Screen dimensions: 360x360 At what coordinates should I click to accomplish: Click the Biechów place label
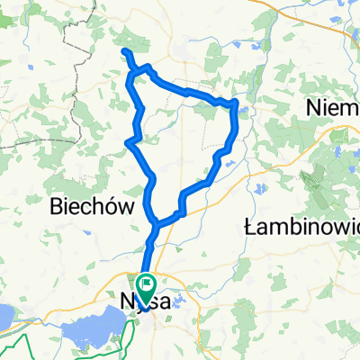pos(95,206)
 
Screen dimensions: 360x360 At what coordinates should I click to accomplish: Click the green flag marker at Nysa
pos(146,283)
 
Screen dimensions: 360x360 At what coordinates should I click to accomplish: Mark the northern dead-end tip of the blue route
pos(125,53)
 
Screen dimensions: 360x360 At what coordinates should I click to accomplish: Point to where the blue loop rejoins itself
pos(156,222)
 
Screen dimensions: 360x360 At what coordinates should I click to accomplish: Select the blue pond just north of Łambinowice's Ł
pos(255,190)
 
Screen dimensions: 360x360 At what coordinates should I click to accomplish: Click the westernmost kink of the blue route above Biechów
pos(128,141)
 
